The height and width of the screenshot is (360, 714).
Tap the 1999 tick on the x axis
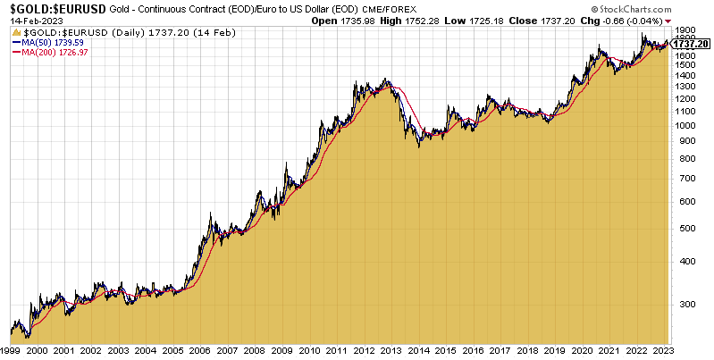(x=10, y=353)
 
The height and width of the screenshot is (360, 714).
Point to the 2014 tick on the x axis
(x=416, y=353)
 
